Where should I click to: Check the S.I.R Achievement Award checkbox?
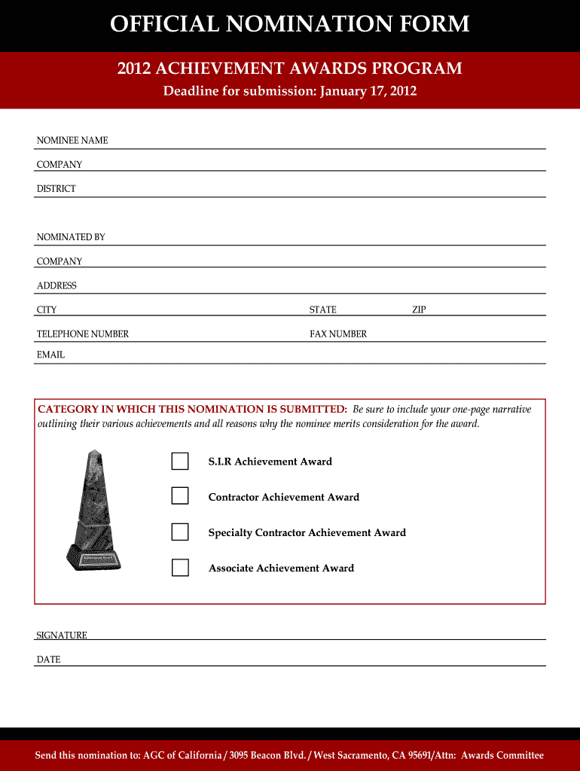180,462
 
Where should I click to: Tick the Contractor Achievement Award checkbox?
180,496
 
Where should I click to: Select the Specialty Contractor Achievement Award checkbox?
180,532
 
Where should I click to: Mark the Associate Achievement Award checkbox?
180,568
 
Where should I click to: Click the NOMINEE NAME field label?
72,141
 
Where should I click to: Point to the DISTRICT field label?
56,189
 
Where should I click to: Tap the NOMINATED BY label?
71,237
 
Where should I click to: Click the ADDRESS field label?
56,286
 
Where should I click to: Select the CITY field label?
47,310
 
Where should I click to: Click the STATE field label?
322,310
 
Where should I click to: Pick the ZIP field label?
419,310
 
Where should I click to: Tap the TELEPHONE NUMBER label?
83,334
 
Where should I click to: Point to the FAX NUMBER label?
338,334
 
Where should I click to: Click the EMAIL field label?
50,355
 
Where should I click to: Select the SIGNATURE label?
62,635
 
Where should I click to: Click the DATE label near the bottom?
48,660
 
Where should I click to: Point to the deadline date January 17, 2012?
368,92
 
